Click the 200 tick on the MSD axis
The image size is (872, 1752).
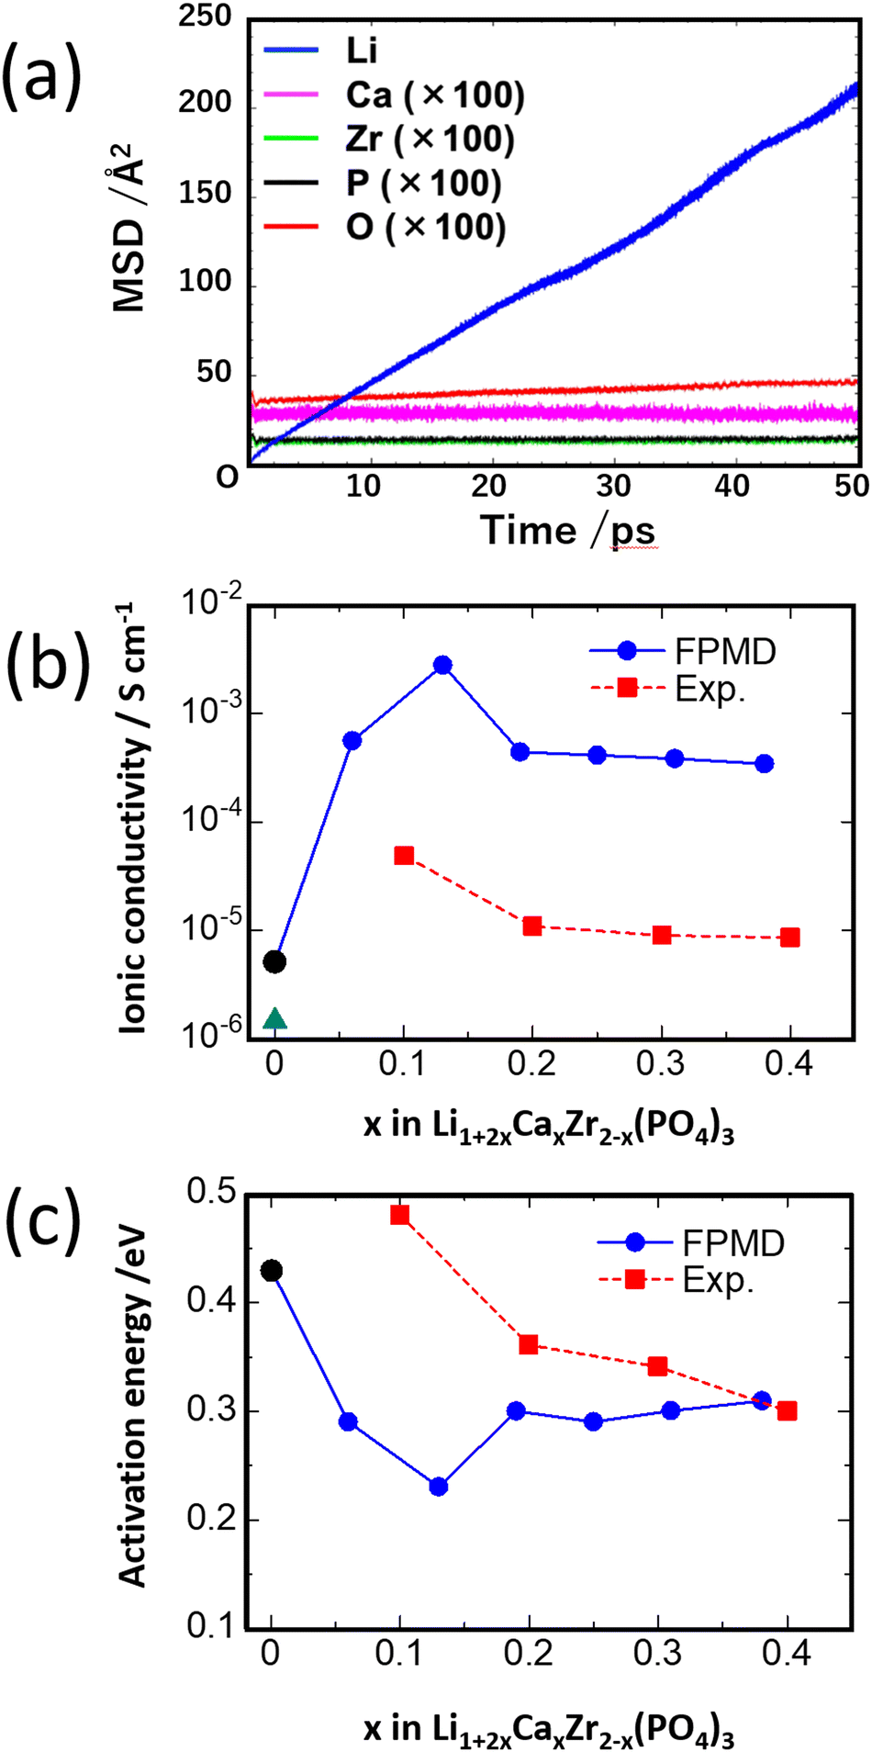207,101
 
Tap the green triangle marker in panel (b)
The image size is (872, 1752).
275,1018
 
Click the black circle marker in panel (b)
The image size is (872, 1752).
274,961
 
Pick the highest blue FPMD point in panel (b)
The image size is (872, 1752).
442,665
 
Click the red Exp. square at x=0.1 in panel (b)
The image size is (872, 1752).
404,855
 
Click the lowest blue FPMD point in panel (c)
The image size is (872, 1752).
439,1486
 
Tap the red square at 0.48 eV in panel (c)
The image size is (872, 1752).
399,1215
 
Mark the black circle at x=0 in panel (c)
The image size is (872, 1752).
271,1271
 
